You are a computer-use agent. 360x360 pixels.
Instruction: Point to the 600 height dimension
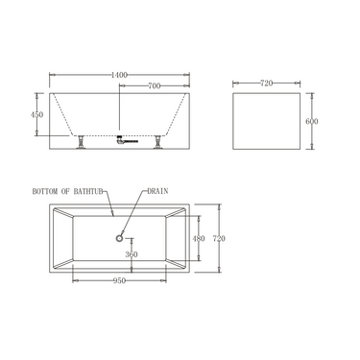(312, 120)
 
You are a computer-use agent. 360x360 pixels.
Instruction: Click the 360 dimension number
(132, 255)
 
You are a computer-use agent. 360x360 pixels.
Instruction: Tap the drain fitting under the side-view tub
(121, 140)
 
